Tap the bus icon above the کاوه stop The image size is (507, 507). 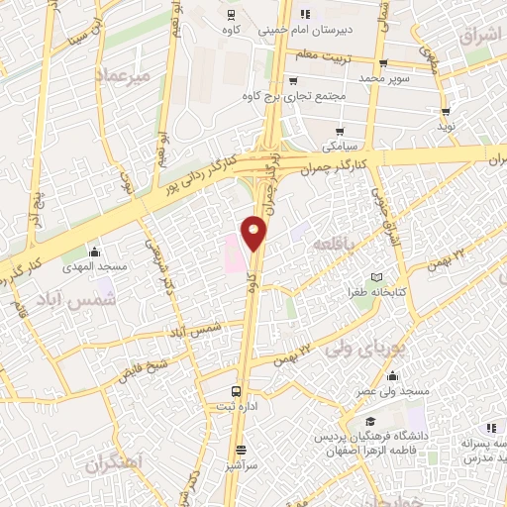[230, 15]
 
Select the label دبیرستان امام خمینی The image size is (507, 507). [299, 30]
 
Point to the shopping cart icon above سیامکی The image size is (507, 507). [340, 132]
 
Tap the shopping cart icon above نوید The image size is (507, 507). [447, 112]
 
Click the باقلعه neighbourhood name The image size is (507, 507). [331, 244]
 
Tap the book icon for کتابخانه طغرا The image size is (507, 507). [375, 278]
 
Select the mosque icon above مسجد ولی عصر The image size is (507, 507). [393, 376]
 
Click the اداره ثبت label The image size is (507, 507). [236, 407]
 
